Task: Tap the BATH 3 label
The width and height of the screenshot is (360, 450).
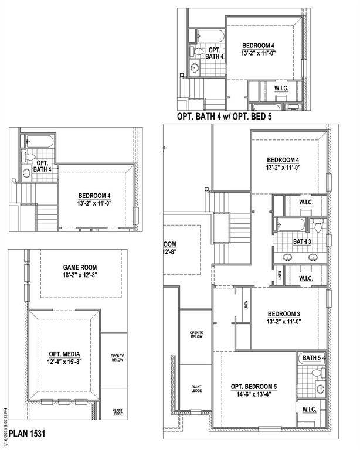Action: click(x=301, y=241)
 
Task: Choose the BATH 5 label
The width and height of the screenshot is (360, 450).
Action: click(x=311, y=357)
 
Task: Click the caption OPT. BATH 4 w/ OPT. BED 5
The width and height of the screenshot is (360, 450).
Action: click(x=224, y=117)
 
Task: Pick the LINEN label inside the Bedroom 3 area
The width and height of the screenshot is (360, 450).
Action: click(x=244, y=305)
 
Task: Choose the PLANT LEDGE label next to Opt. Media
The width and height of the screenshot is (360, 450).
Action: click(x=117, y=412)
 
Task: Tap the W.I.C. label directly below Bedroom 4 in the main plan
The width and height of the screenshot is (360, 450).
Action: click(x=305, y=202)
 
